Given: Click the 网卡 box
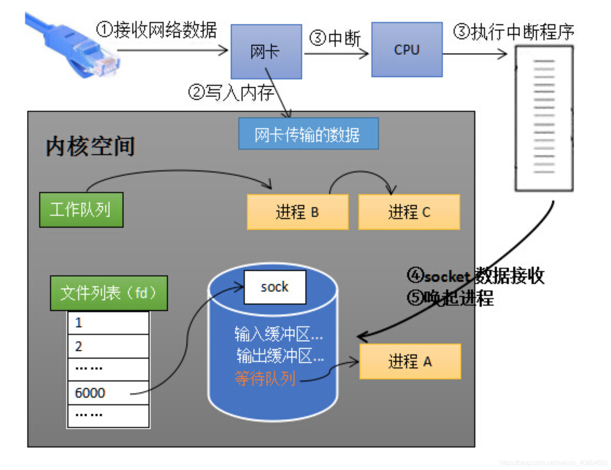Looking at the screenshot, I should pos(266,52).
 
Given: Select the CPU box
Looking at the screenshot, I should pos(407,50).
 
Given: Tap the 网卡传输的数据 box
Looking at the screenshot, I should pos(308,134).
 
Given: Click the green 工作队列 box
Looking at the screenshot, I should pos(81,210).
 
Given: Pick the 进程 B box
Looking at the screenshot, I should pos(298,212).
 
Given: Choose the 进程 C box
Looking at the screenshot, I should pos(409,212).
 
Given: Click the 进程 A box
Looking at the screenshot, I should pos(410,361).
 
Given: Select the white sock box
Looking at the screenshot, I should pos(275,287).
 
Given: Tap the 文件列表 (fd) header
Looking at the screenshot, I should pos(109,293).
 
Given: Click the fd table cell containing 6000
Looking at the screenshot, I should pos(108,393).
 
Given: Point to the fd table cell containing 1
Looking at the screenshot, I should pos(108,323).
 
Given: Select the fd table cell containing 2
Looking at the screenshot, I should pos(108,346).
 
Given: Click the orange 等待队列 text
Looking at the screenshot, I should pos(265,378).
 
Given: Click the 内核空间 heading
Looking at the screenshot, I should pos(90,146).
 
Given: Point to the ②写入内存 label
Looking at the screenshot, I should pos(231,93).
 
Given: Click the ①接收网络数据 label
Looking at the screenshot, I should pos(157,30).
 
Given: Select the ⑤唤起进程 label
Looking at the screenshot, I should pos(450,298).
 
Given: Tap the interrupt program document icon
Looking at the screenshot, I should pos(544,118).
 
